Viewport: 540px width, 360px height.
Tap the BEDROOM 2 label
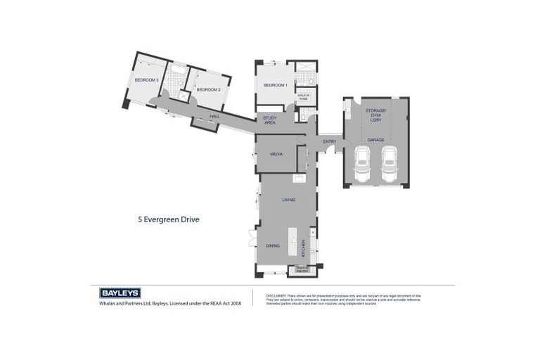point(209,90)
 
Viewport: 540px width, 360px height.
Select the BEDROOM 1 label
point(275,85)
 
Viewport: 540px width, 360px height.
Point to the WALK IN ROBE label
point(303,97)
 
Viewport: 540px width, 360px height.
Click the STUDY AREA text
point(269,120)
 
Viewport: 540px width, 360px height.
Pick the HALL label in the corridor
point(214,117)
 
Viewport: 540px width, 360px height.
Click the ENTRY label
point(329,142)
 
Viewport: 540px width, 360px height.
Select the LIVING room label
point(288,200)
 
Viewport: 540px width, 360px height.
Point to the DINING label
point(272,245)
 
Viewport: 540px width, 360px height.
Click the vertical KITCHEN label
point(304,247)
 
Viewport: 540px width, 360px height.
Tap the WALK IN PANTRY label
point(303,269)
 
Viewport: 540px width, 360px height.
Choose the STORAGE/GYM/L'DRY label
point(375,115)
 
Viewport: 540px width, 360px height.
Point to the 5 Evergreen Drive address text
point(168,219)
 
